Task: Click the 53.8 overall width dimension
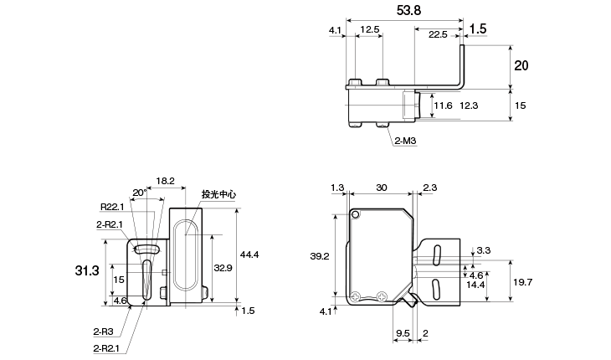point(408,11)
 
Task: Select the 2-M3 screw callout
point(405,141)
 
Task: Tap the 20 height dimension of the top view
point(521,65)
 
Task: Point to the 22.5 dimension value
point(438,34)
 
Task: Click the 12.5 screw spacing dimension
point(369,29)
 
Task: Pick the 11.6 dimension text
point(443,105)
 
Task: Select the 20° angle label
point(140,193)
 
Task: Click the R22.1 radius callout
point(112,207)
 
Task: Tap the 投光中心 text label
point(218,194)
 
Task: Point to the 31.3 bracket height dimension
point(87,270)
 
